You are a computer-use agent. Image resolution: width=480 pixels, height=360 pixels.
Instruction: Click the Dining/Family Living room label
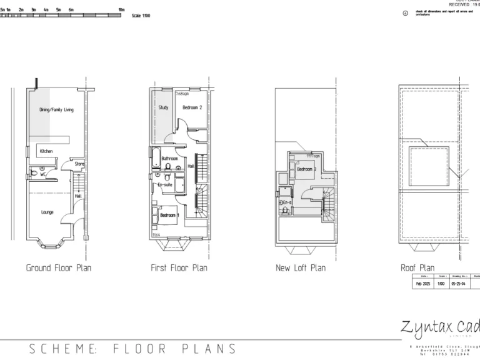click(56, 110)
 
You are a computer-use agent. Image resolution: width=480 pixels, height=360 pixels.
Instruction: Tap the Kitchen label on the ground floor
click(46, 151)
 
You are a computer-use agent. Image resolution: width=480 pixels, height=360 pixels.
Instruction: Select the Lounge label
click(47, 212)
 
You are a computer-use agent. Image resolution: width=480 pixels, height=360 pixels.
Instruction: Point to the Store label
click(80, 164)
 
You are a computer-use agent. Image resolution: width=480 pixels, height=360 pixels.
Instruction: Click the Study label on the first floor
click(163, 107)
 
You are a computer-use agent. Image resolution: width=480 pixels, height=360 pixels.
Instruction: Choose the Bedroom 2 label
click(192, 107)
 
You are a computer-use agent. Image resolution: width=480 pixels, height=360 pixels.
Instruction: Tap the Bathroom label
click(169, 159)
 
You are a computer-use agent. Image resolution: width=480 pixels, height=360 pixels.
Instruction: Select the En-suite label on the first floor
click(165, 185)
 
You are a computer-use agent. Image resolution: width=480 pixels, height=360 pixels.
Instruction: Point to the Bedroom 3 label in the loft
click(306, 169)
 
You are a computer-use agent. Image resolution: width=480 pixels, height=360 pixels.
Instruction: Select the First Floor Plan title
click(179, 268)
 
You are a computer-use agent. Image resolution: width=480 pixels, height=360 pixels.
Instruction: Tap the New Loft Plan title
click(301, 268)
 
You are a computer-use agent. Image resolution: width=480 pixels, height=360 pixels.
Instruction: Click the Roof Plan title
click(417, 268)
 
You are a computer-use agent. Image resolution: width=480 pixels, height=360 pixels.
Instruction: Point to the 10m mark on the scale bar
click(121, 11)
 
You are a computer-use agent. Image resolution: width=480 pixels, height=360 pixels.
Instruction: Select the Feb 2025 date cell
click(424, 283)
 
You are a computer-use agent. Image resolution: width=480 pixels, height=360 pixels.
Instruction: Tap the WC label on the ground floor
click(43, 174)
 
